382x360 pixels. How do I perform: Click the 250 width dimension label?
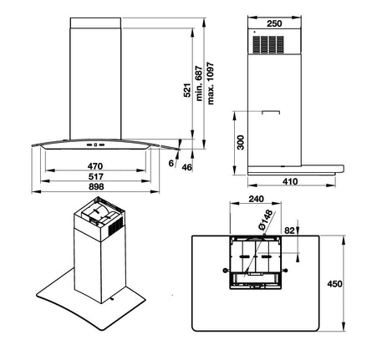274,23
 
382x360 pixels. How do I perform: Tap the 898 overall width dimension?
96,186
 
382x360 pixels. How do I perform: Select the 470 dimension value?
95,166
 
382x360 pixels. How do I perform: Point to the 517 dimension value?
96,176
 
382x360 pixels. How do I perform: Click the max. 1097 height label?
211,84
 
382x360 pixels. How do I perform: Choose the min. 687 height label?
199,84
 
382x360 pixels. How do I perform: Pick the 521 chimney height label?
188,90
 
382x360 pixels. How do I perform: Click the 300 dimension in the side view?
241,142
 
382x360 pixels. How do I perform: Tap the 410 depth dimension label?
290,181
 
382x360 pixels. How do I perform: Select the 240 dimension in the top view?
256,199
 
